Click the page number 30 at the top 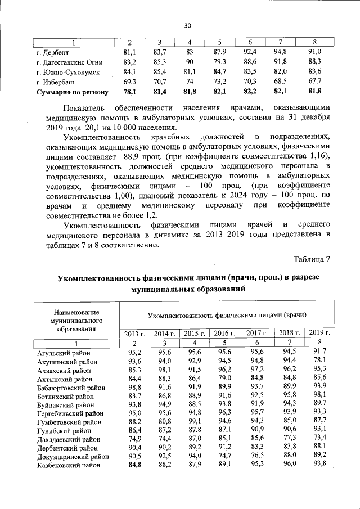point(187,25)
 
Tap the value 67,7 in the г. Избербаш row point(314,81)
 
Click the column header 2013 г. point(134,333)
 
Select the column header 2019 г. point(318,333)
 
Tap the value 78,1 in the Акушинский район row point(319,361)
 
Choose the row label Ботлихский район point(60,395)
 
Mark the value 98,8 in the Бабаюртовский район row point(133,387)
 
